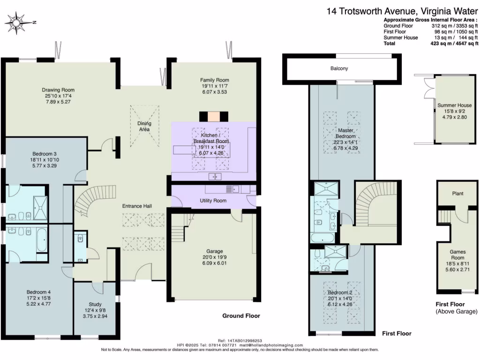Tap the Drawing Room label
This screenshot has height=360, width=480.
point(58,90)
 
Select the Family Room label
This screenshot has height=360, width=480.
point(215,80)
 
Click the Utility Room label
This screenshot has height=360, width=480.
point(213,201)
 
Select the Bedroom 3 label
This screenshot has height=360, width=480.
point(45,154)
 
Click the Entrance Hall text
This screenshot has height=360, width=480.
point(137,206)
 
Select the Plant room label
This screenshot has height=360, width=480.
point(457,193)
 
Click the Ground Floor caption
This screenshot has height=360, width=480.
point(241,316)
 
